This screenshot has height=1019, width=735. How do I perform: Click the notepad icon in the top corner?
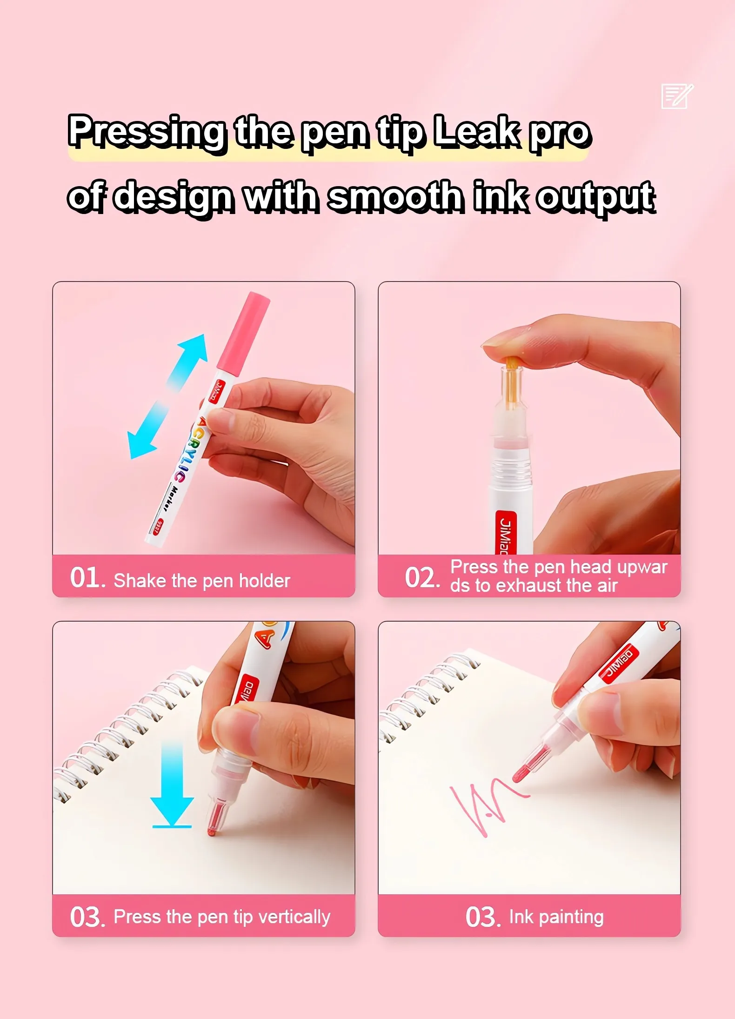677,96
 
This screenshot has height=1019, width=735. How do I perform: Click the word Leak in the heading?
477,132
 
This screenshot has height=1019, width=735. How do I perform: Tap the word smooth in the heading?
396,196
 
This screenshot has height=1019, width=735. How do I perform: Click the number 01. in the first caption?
88,577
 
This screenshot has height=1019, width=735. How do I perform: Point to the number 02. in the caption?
422,577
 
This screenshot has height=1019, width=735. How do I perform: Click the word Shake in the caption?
140,581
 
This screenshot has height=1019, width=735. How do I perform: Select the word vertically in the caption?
294,917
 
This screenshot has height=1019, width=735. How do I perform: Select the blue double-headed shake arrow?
167,396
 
